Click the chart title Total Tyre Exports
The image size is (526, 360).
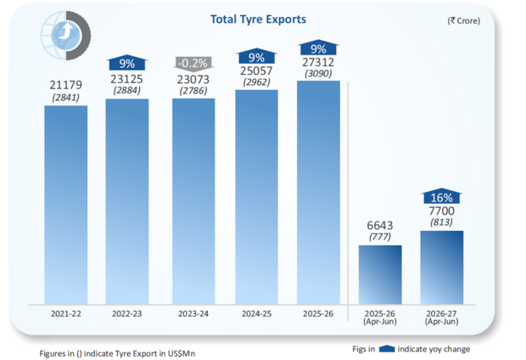(x=258, y=20)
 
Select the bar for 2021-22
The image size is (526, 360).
(x=66, y=205)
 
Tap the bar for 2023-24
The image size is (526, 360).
(x=193, y=201)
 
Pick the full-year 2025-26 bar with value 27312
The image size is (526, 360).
(x=318, y=193)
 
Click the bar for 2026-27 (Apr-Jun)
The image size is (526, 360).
(x=442, y=267)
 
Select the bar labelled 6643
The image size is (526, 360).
(x=380, y=275)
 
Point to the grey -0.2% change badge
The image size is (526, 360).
(x=193, y=64)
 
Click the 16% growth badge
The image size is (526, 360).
(x=441, y=196)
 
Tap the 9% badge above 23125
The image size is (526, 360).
(x=126, y=63)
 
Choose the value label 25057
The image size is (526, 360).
(x=256, y=70)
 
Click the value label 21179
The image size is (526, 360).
(x=66, y=85)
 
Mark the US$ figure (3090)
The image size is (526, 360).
(x=318, y=74)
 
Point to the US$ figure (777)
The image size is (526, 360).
(x=380, y=237)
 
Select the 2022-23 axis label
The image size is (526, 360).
(x=126, y=313)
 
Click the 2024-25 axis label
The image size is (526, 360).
(x=256, y=313)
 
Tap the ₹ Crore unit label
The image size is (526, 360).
(x=463, y=21)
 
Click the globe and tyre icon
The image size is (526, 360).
(x=66, y=36)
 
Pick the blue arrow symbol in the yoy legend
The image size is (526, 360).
(x=387, y=349)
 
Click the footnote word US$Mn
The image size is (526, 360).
(x=182, y=353)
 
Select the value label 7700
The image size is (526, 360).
(x=441, y=211)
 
